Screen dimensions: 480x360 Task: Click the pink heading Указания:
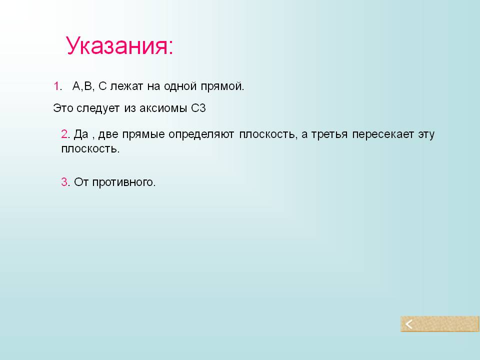coord(119,46)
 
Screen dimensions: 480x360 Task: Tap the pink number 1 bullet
coord(56,86)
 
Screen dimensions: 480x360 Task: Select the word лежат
coord(126,86)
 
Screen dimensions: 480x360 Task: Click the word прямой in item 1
coord(222,86)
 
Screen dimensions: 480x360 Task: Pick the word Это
coord(63,108)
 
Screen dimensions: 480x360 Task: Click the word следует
coord(97,108)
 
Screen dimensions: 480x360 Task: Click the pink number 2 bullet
coord(64,134)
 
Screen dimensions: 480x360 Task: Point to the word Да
coord(81,134)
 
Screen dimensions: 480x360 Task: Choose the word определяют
coord(201,134)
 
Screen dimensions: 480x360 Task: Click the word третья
coord(329,134)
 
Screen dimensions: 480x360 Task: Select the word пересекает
coord(383,134)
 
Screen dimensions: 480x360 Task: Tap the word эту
coord(426,134)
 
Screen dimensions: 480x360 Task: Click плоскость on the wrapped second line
coord(90,149)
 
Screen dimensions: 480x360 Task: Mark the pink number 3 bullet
coord(64,182)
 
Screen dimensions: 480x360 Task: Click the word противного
coord(123,182)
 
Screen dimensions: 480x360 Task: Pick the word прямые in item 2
coord(143,134)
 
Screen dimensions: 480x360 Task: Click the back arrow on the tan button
coord(409,324)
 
